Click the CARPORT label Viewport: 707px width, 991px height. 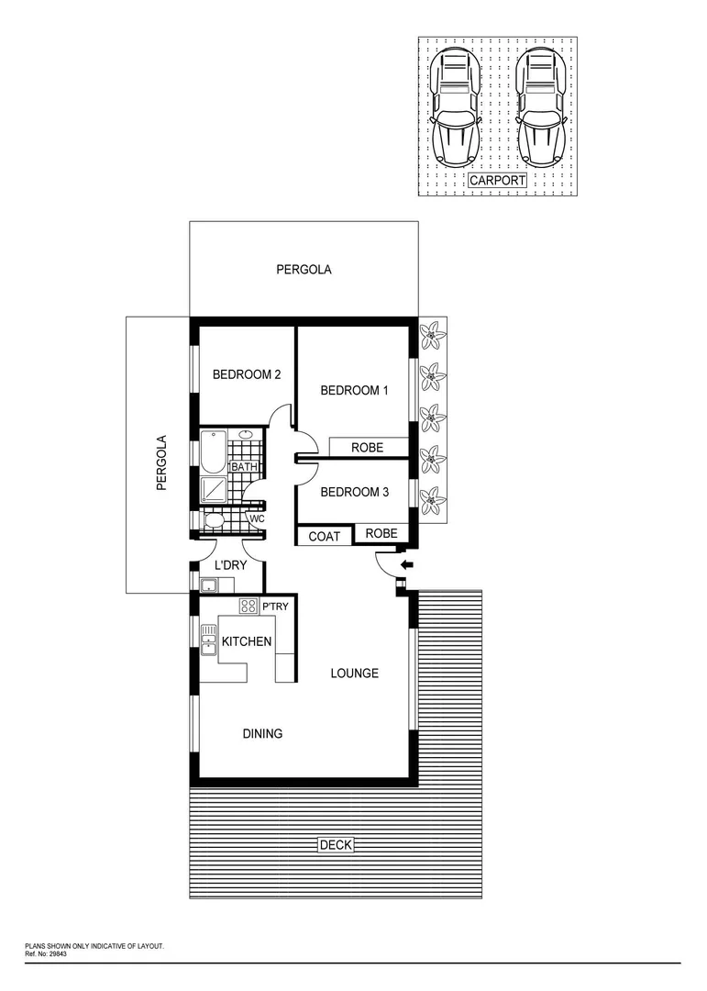coord(498,181)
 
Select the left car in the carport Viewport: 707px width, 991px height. coord(456,107)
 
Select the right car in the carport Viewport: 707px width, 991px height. coord(540,107)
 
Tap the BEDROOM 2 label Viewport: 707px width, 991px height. coord(246,374)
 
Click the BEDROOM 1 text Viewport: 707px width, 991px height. coord(354,391)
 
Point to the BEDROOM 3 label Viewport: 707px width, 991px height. coord(354,492)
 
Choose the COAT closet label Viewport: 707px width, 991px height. coord(325,536)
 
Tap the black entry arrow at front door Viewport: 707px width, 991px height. coord(407,563)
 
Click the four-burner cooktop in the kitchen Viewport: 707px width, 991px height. coord(248,606)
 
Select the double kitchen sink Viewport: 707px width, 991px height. coord(208,639)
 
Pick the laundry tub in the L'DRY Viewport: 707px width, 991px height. coord(209,584)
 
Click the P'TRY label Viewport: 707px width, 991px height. coord(276,607)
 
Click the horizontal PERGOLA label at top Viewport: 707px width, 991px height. coord(304,270)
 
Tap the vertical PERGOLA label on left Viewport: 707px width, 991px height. coord(161,463)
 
